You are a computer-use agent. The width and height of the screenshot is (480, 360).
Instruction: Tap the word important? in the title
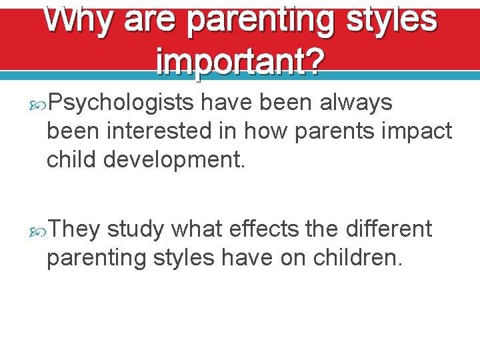[x=240, y=63]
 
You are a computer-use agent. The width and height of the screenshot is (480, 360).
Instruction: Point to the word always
[x=356, y=103]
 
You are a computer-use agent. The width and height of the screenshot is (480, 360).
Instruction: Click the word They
[x=73, y=229]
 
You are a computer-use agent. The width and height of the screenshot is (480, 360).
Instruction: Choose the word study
[x=135, y=229]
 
